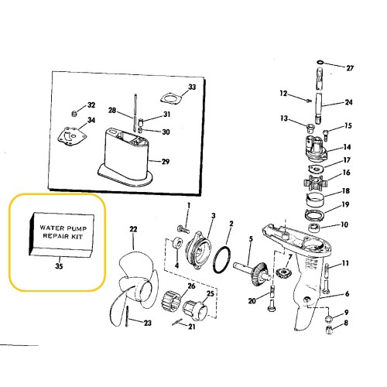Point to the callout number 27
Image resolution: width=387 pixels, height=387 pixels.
tap(350, 68)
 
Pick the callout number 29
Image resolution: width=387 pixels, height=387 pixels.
tap(165, 161)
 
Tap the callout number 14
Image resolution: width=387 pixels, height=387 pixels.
tap(348, 147)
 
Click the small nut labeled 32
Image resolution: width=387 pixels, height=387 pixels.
tap(77, 106)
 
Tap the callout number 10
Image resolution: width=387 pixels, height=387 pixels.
tap(345, 225)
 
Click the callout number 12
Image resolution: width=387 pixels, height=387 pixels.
tap(283, 94)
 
